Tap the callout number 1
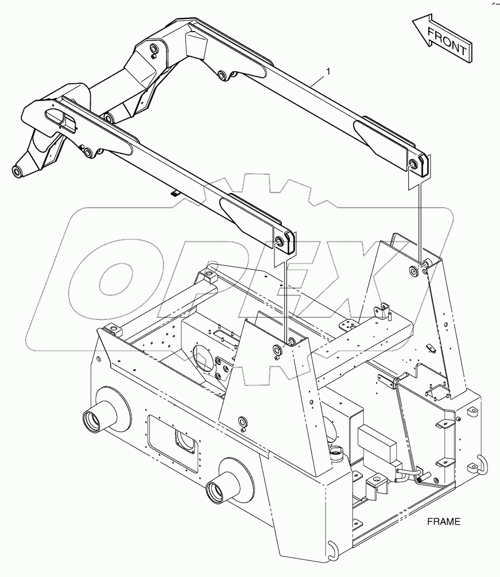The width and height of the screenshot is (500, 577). click(328, 71)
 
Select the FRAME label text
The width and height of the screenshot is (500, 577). click(443, 522)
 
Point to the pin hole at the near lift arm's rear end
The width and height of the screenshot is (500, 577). click(281, 242)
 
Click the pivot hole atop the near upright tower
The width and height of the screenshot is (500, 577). click(278, 350)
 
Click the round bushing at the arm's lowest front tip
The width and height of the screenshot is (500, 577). click(17, 171)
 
